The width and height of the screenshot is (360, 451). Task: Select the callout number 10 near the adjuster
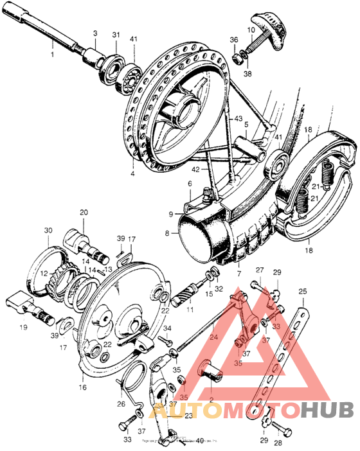point(251,30)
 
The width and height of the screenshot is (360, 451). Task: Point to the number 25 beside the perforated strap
point(303,291)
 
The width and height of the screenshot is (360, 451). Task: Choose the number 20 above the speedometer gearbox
point(84,212)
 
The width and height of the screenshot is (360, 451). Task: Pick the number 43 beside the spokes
point(238,120)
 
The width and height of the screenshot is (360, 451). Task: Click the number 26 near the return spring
point(122,404)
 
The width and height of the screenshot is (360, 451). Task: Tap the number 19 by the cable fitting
point(24,327)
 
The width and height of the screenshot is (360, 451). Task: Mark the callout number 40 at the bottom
point(201,440)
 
